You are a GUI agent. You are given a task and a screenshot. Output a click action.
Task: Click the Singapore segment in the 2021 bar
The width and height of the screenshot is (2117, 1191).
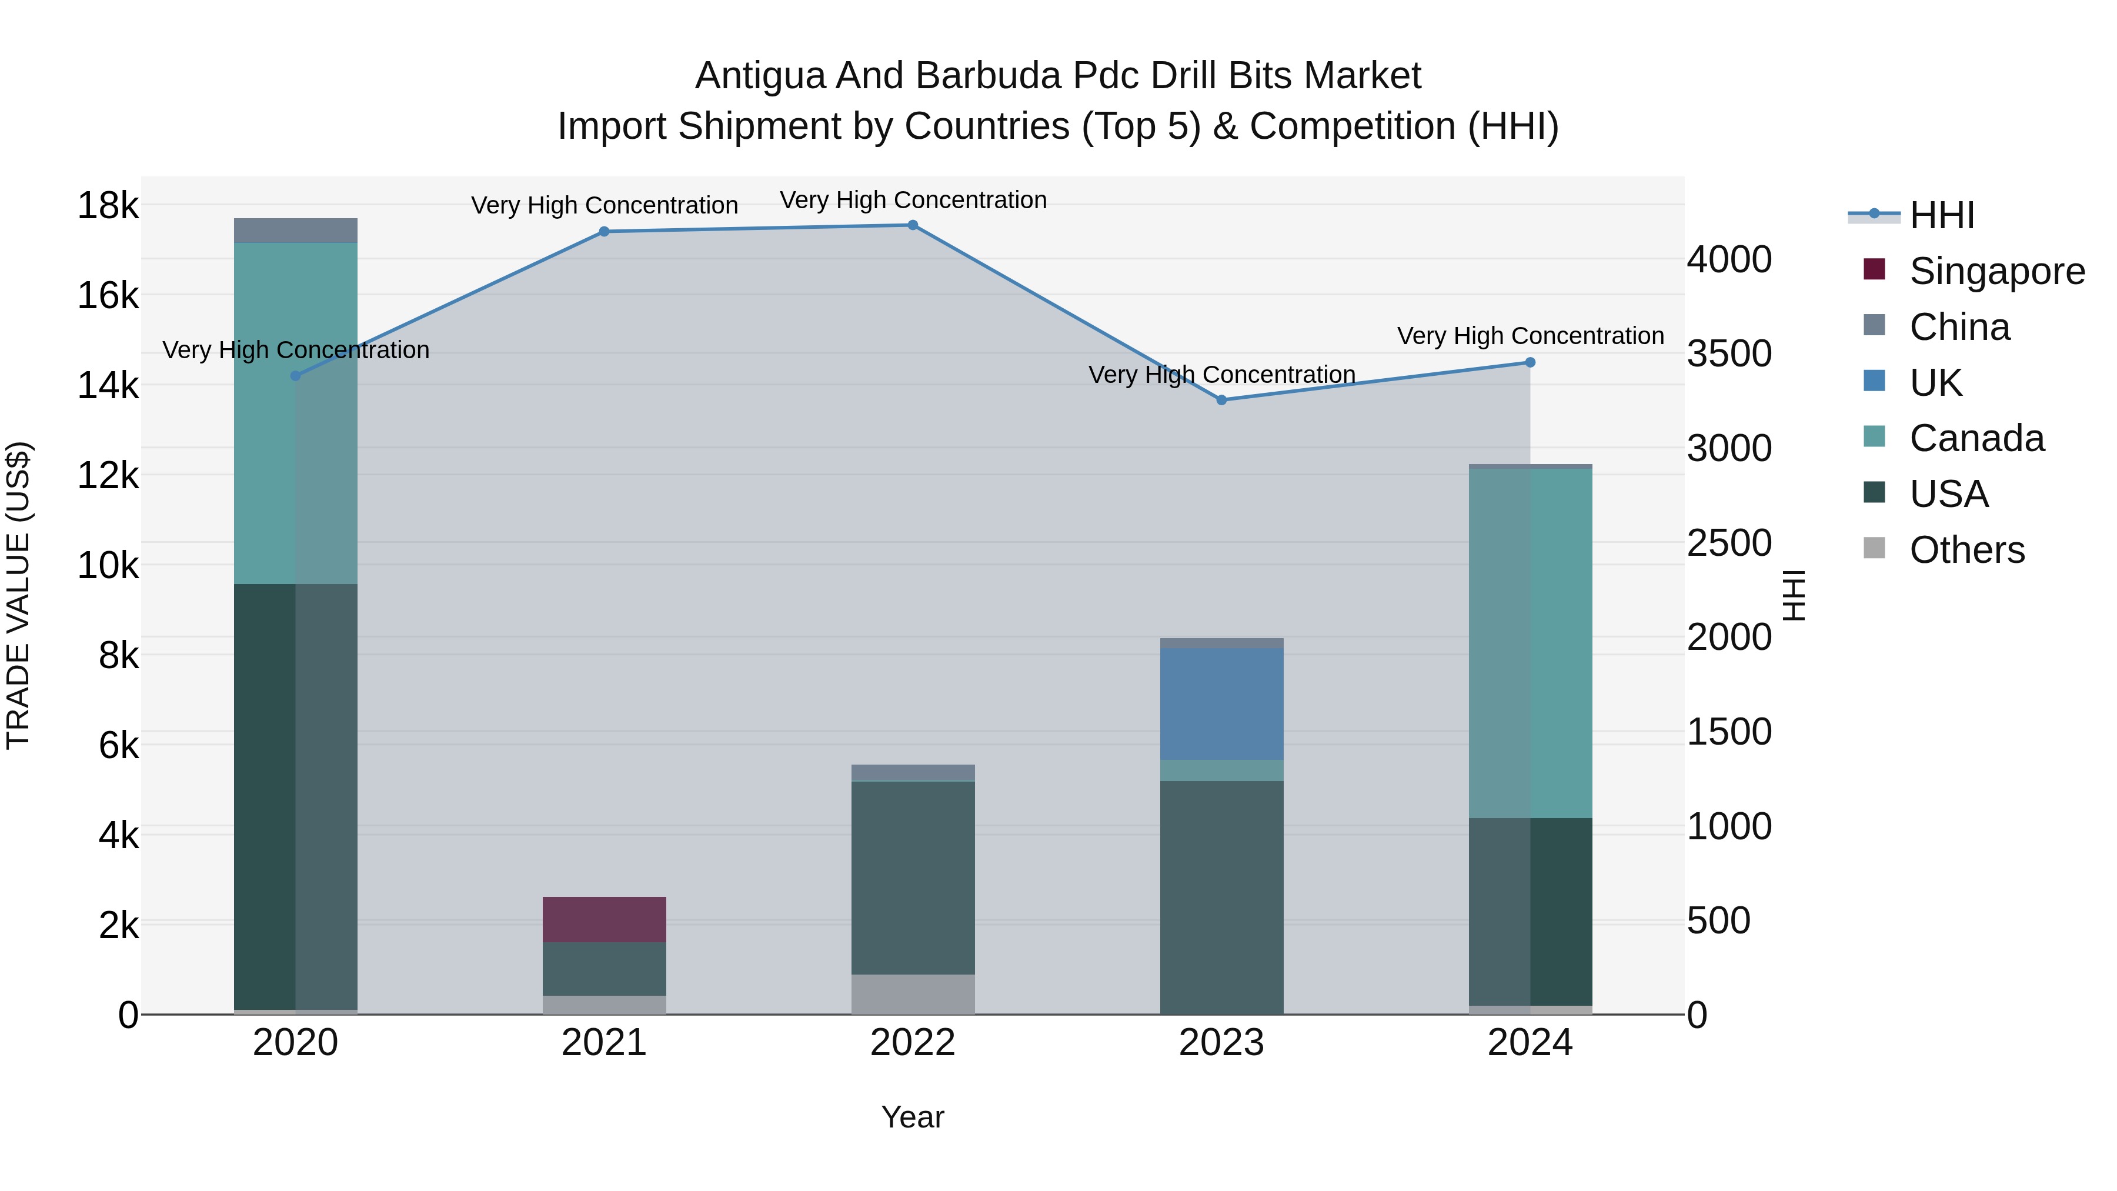[604, 919]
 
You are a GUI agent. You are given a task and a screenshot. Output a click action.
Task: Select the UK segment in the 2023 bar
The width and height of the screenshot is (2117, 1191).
[1221, 703]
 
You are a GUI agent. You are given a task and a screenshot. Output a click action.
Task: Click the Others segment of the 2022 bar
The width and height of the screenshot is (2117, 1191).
[912, 994]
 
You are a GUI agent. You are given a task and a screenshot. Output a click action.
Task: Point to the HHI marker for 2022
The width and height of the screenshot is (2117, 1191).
[912, 225]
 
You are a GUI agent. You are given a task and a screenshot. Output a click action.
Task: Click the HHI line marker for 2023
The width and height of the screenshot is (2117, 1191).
[1221, 401]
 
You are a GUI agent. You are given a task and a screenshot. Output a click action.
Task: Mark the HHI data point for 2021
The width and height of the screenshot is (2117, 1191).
[604, 232]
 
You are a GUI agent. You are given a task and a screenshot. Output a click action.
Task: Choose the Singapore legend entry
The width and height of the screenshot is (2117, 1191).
[1996, 271]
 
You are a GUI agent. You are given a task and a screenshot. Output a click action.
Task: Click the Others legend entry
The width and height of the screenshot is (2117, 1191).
[1966, 550]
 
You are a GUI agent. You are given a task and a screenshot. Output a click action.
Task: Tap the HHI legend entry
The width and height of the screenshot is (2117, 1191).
[1941, 215]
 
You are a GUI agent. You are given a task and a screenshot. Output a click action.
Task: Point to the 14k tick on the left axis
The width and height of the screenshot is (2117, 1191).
[108, 385]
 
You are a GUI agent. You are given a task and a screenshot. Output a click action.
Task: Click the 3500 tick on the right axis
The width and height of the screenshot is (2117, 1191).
[1729, 354]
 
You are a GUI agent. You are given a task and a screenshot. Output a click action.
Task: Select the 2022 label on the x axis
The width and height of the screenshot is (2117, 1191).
[912, 1043]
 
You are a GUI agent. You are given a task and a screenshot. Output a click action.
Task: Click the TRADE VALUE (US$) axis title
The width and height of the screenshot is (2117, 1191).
[18, 595]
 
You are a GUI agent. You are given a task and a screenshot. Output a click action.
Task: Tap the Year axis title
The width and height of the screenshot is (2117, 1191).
[912, 1117]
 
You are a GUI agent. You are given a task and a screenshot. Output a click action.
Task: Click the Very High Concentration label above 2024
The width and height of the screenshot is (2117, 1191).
[1530, 336]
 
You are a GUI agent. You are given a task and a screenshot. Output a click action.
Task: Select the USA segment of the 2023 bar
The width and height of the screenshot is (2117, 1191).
[1221, 897]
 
